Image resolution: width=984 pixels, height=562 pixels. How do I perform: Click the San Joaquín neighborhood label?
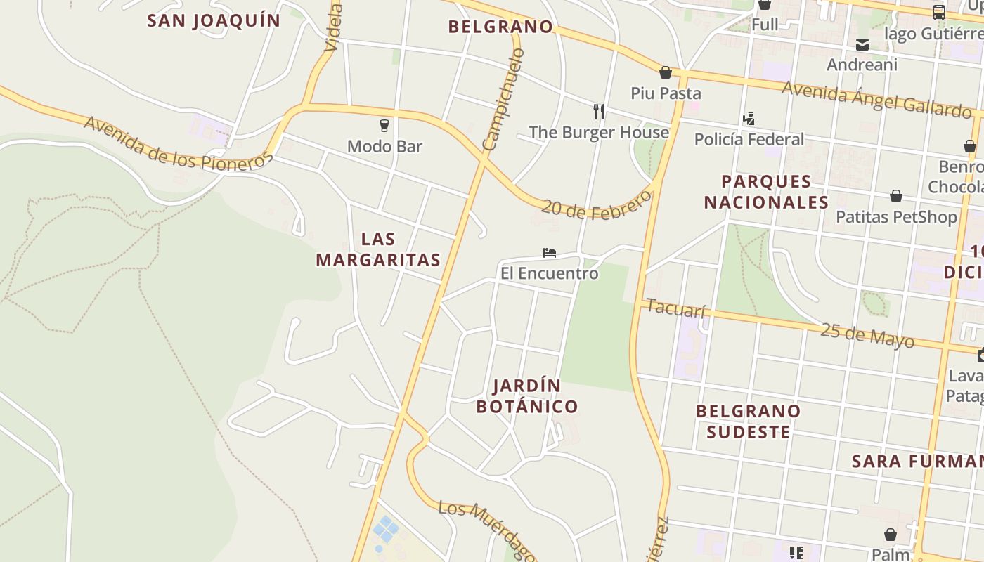pos(214,20)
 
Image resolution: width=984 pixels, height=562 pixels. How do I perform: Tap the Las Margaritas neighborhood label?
pos(378,249)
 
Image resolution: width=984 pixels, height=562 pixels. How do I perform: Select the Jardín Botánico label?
pos(527,396)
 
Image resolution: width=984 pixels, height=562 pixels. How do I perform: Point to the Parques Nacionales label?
pos(766,192)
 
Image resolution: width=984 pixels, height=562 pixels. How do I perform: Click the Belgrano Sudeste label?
pos(748,421)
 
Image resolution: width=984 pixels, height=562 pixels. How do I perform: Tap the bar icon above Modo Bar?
pos(384,126)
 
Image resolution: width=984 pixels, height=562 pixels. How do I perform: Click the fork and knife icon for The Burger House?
pos(599,111)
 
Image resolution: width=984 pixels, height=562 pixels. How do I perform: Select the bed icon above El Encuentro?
pos(550,253)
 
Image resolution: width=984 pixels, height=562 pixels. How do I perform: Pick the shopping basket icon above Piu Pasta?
pos(666,72)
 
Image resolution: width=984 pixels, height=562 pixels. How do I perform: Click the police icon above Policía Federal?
pos(749,119)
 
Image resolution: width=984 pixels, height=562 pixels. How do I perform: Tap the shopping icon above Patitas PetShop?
pos(896,196)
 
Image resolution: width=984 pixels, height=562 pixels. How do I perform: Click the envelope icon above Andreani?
pos(862,45)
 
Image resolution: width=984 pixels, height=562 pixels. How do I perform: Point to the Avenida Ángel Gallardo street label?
pos(876,99)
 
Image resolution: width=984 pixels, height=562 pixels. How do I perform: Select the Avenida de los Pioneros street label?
pos(177,143)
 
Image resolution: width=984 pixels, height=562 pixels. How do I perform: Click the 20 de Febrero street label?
pos(597,204)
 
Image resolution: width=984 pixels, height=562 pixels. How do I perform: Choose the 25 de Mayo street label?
pos(867,334)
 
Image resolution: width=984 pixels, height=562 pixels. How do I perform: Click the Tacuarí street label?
pos(675,308)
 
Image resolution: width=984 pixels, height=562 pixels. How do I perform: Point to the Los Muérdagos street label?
pos(485,528)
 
